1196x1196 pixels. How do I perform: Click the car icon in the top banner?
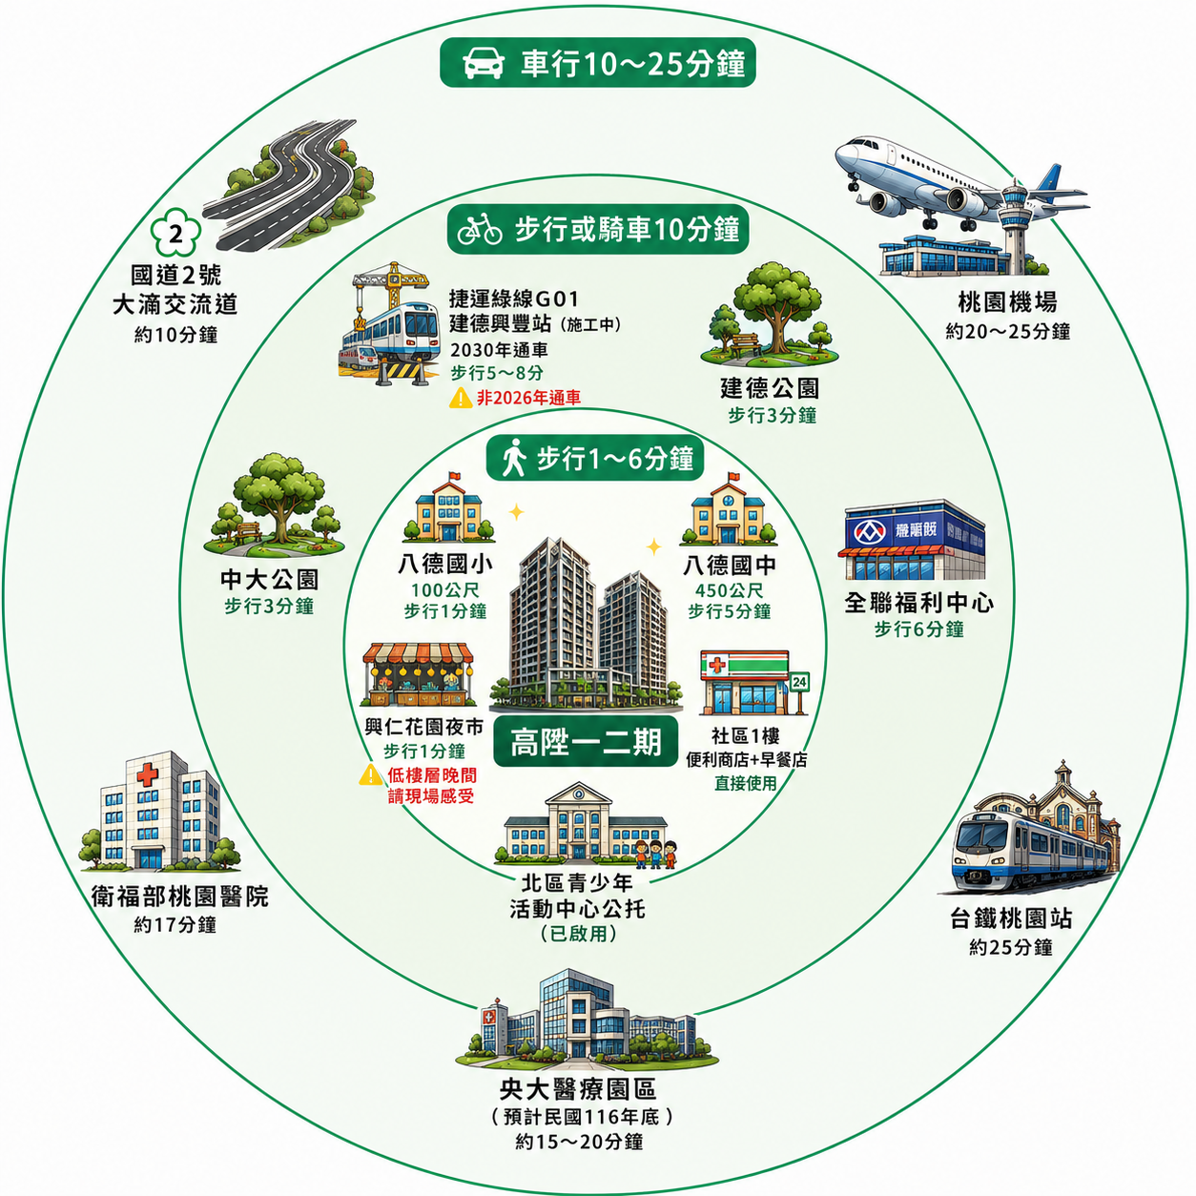[483, 63]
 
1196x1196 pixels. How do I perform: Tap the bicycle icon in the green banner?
[479, 229]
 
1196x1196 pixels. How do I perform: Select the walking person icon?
[513, 458]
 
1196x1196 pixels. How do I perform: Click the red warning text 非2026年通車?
[528, 398]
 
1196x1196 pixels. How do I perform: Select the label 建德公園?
[770, 388]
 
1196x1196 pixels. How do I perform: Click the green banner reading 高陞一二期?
[586, 741]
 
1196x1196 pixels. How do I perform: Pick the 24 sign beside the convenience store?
[799, 683]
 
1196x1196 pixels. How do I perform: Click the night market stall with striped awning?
[418, 674]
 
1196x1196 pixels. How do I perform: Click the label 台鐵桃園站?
[1010, 919]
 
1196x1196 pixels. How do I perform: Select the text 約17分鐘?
[175, 925]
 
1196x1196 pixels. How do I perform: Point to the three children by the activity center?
[655, 854]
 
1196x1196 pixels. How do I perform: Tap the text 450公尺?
[729, 590]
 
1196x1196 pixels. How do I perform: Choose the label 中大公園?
[269, 580]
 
